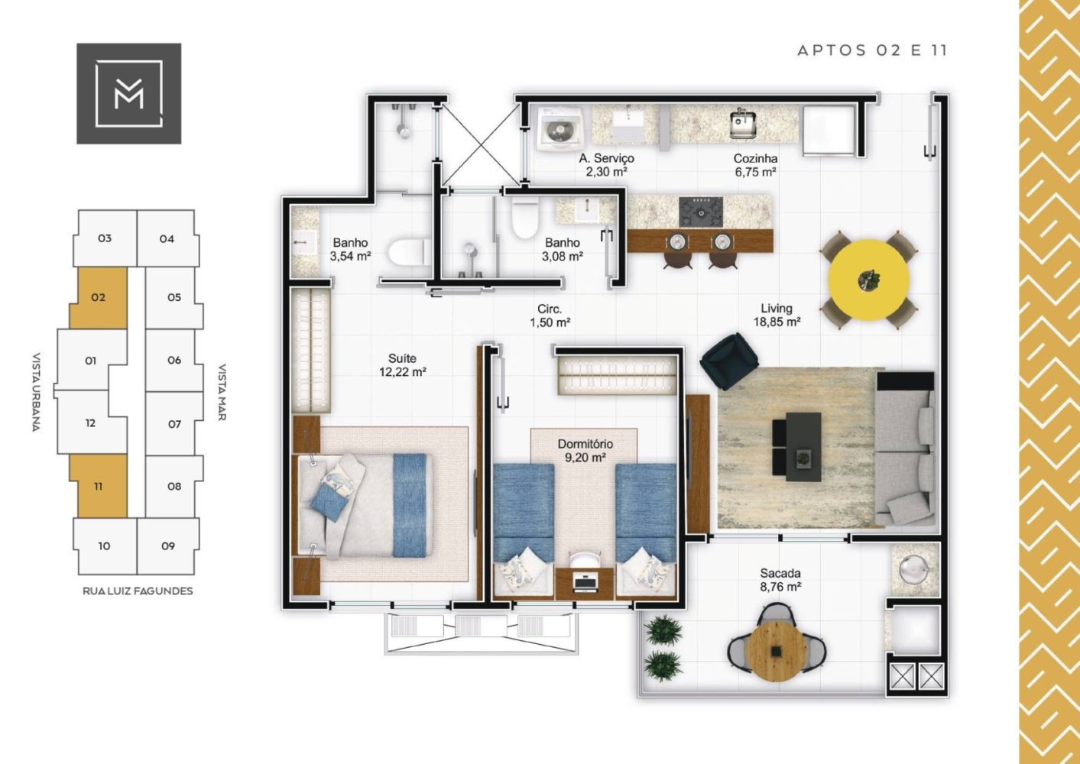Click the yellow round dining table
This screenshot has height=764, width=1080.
[869, 280]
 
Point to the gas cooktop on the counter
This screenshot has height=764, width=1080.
[701, 212]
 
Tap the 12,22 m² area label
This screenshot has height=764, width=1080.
[403, 372]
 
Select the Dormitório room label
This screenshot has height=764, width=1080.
[585, 444]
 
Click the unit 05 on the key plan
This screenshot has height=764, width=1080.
[174, 297]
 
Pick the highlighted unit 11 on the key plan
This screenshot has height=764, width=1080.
[99, 487]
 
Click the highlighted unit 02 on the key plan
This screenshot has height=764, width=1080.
[99, 297]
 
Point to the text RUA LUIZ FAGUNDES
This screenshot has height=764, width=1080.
[138, 591]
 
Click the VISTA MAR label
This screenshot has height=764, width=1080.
[222, 392]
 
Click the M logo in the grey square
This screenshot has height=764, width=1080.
[128, 93]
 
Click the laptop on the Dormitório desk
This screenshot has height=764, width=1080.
[585, 582]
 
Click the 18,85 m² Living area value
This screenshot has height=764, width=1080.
[777, 322]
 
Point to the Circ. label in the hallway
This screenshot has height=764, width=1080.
[550, 309]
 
